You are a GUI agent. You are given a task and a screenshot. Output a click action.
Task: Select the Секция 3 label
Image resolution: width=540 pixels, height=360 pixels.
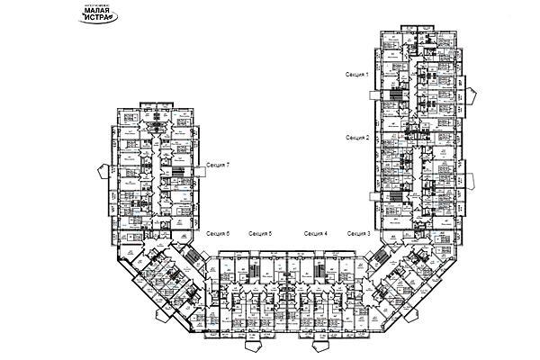[x=356, y=234]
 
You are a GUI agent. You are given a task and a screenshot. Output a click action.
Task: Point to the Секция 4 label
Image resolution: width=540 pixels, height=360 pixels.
[x=315, y=234]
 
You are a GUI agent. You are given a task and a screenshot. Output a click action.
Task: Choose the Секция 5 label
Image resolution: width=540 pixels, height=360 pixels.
[x=260, y=234]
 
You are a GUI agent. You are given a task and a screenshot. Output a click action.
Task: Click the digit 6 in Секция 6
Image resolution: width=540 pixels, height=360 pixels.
[x=228, y=234]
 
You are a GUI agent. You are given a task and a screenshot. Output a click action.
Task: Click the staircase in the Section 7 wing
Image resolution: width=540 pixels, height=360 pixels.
[x=177, y=174]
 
